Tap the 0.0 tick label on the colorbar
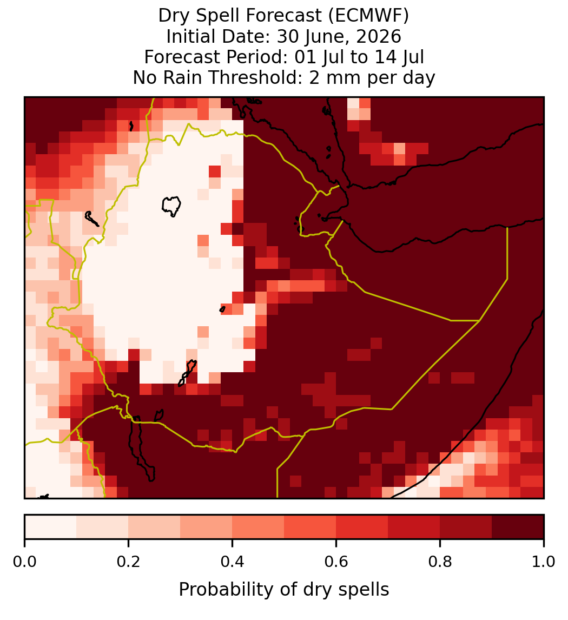click(24, 562)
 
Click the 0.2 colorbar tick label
click(128, 562)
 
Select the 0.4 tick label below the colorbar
click(233, 562)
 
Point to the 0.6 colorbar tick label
click(336, 562)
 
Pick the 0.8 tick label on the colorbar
click(440, 562)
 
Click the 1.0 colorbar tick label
click(544, 562)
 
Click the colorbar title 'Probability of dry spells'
click(284, 590)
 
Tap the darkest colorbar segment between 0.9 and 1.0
click(518, 527)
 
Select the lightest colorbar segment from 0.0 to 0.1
click(51, 527)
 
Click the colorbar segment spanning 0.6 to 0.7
click(362, 527)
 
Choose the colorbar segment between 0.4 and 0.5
click(258, 527)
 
